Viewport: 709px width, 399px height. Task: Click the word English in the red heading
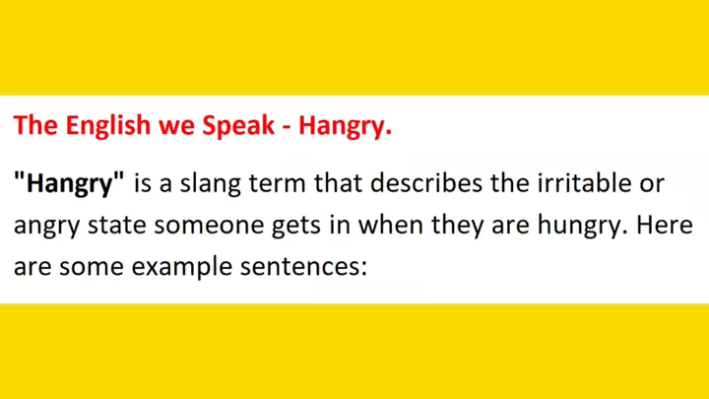pyautogui.click(x=108, y=126)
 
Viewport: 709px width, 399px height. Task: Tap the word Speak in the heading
pyautogui.click(x=238, y=126)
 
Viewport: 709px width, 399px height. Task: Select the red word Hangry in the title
pyautogui.click(x=345, y=127)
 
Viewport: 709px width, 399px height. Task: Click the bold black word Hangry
pyautogui.click(x=69, y=184)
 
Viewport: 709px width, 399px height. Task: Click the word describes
pyautogui.click(x=426, y=183)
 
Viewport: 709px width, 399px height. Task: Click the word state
pyautogui.click(x=116, y=225)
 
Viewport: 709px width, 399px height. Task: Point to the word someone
pyautogui.click(x=209, y=226)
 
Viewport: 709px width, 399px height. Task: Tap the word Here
pyautogui.click(x=665, y=225)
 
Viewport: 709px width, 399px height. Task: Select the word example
pyautogui.click(x=182, y=267)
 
